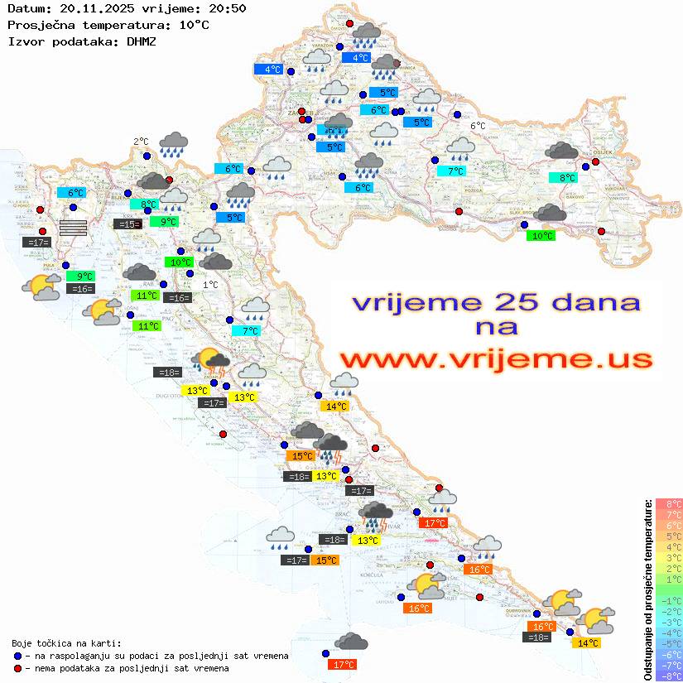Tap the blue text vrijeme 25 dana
[x=496, y=302]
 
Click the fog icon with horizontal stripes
[x=73, y=228]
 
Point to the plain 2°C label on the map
[x=141, y=142]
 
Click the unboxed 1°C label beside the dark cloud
[x=210, y=285]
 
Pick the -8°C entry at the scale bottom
[x=669, y=676]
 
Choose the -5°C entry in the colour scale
[x=669, y=643]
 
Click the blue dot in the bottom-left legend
[x=18, y=656]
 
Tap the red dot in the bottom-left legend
[x=18, y=668]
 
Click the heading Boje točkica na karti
[x=66, y=642]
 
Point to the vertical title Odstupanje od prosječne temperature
[x=647, y=589]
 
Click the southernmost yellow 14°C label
[x=589, y=642]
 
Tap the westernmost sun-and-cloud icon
[x=41, y=287]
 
